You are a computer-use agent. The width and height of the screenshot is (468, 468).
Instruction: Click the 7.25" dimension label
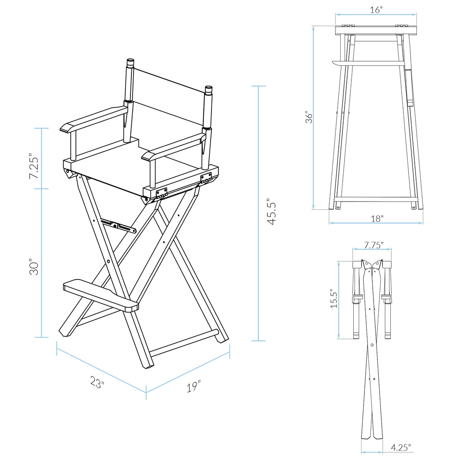pyautogui.click(x=34, y=166)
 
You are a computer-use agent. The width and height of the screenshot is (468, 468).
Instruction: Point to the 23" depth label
pyautogui.click(x=97, y=382)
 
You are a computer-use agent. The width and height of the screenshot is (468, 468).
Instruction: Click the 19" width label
pyautogui.click(x=194, y=387)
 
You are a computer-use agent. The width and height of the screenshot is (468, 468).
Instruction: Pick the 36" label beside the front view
pyautogui.click(x=309, y=117)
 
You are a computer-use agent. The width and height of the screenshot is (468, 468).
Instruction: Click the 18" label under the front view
pyautogui.click(x=377, y=219)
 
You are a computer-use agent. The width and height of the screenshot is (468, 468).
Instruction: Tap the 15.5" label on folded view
pyautogui.click(x=333, y=299)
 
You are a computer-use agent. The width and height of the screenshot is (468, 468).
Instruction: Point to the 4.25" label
pyautogui.click(x=400, y=448)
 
